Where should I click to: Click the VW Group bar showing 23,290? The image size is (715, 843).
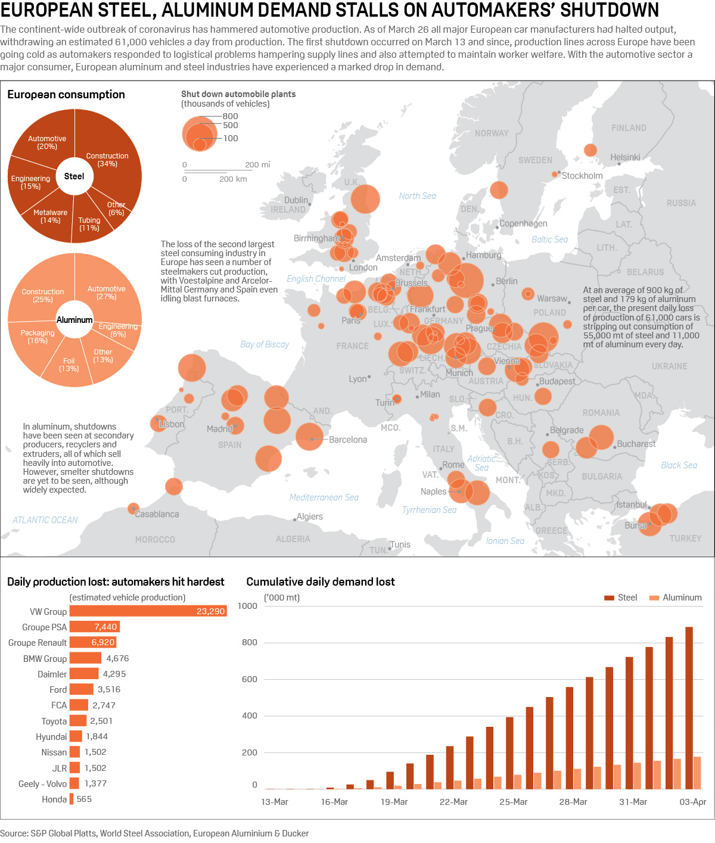click(148, 611)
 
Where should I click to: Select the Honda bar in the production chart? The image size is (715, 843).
click(71, 799)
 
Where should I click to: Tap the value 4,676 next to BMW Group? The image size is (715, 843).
click(117, 658)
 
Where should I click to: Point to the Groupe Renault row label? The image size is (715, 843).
click(38, 643)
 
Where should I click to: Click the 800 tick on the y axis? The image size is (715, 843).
click(250, 642)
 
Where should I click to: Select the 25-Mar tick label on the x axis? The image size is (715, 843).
click(513, 802)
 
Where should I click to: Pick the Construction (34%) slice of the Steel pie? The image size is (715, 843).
click(107, 160)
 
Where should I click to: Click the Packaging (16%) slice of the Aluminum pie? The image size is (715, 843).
click(38, 337)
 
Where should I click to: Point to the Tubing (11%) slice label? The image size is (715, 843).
click(89, 224)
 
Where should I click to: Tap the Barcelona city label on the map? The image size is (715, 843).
click(348, 440)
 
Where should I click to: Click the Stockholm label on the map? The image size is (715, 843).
click(582, 176)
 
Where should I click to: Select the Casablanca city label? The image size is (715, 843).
click(157, 514)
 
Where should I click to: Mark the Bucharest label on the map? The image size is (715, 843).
click(636, 444)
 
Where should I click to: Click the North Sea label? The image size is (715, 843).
click(417, 196)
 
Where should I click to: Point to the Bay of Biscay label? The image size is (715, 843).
click(265, 344)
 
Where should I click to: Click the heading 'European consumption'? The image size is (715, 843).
click(66, 95)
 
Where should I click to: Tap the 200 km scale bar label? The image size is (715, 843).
click(233, 179)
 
